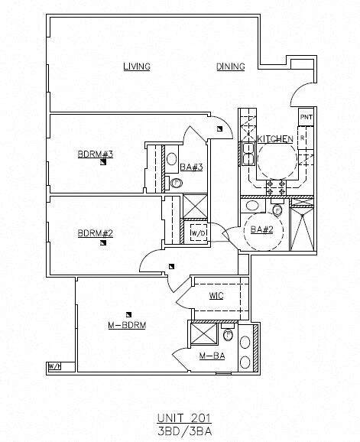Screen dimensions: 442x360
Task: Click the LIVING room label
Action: pyautogui.click(x=137, y=67)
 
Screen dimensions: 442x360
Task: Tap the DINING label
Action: pyautogui.click(x=230, y=67)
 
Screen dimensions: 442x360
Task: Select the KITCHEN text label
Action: pyautogui.click(x=274, y=139)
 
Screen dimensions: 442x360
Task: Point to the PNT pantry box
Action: pyautogui.click(x=306, y=117)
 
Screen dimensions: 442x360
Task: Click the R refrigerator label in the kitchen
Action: pyautogui.click(x=303, y=138)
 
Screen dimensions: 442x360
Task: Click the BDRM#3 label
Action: pyautogui.click(x=96, y=154)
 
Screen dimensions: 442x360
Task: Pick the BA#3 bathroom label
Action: pyautogui.click(x=191, y=167)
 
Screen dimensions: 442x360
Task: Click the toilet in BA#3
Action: pyautogui.click(x=177, y=183)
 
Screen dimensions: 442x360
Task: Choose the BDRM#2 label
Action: pyautogui.click(x=96, y=233)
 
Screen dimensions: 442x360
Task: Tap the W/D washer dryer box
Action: pyautogui.click(x=198, y=232)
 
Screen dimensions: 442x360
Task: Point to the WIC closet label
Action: pyautogui.click(x=216, y=296)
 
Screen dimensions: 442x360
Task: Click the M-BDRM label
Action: pyautogui.click(x=126, y=325)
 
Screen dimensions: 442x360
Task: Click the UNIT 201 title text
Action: pyautogui.click(x=183, y=417)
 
